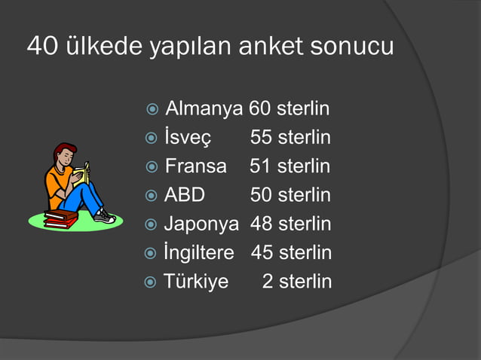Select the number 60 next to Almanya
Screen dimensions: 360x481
tap(260, 109)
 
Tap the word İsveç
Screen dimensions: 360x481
tap(188, 138)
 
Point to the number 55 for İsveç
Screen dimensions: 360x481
tap(261, 138)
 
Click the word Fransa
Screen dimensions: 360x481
tap(195, 166)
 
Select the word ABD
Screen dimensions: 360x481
tap(185, 195)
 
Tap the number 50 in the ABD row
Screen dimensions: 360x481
tap(261, 195)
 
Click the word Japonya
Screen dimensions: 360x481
tap(201, 224)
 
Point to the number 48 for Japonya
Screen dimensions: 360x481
tap(261, 224)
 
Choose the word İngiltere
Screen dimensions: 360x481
tap(199, 252)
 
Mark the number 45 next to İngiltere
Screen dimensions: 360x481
tap(262, 252)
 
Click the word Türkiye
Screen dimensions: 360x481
tap(196, 282)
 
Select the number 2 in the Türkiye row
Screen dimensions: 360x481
tap(268, 282)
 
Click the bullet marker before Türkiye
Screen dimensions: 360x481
tap(150, 282)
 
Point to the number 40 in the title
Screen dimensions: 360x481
tap(40, 47)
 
